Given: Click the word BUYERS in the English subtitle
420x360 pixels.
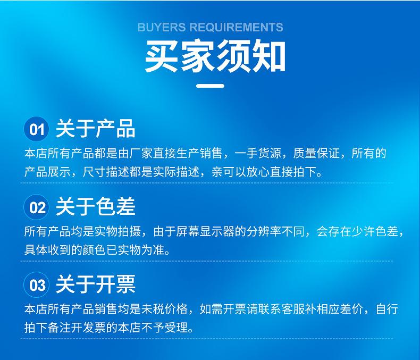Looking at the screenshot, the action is pos(162,27).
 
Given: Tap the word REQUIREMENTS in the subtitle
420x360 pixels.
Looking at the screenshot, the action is pos(236,27).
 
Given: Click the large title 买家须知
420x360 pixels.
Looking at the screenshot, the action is pos(215,56).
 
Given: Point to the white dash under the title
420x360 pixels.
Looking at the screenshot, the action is pos(211,86).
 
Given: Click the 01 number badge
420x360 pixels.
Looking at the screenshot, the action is pos(37,129).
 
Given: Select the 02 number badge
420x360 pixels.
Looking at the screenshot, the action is pos(37,207).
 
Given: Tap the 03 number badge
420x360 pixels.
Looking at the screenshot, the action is pos(37,284).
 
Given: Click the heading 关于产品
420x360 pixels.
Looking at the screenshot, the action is pos(95,129).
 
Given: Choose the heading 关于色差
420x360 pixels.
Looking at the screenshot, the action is pos(95,206).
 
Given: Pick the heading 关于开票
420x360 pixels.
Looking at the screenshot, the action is pos(95,284).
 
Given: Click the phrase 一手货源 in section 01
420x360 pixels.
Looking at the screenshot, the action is pos(258,154).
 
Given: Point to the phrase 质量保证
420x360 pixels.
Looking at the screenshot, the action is pos(316,154).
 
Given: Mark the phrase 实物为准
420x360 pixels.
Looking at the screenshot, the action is pos(141,250).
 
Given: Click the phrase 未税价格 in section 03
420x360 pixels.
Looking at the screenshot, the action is pos(164,309).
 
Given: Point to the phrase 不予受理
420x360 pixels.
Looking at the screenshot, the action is pos(164,328).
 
